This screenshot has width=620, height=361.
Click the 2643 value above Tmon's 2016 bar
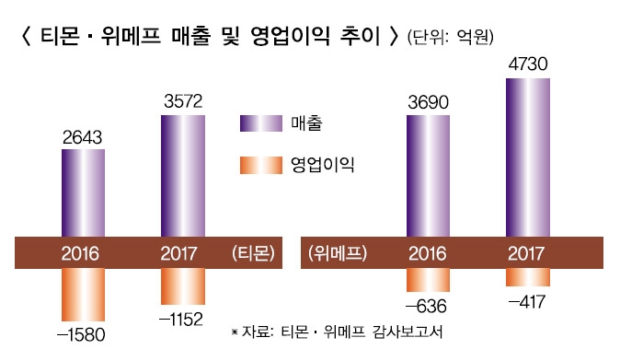83,137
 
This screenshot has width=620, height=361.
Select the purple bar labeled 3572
182,176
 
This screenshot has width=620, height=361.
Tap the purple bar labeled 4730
528,157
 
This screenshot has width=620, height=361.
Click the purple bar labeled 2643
83,193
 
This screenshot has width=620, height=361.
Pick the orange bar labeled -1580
83,292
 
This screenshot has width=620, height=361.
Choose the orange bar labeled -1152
182,285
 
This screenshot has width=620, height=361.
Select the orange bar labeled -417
528,274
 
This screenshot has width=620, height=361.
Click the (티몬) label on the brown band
253,252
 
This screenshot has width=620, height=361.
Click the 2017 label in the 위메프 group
528,252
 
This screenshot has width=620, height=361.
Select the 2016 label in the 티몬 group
83,252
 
